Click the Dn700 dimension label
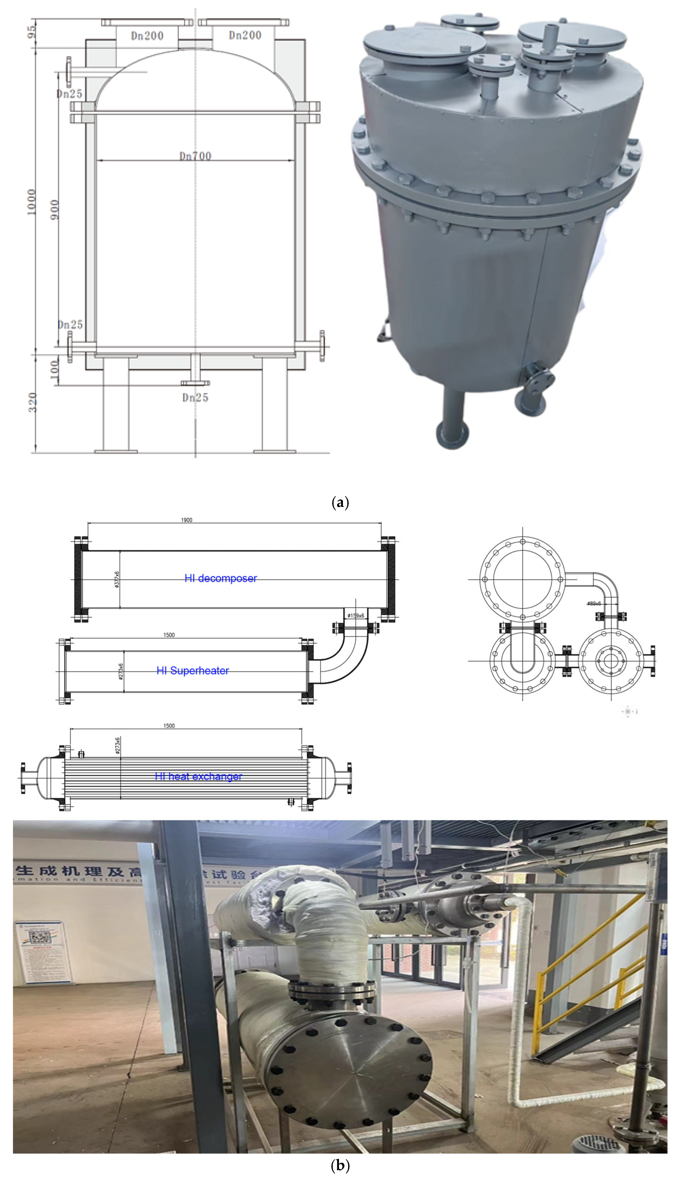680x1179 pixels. [x=195, y=156]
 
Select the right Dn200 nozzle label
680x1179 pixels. [x=245, y=35]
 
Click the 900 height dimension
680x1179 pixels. [x=55, y=210]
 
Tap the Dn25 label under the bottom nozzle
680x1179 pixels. [x=195, y=398]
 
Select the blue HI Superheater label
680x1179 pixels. [x=192, y=671]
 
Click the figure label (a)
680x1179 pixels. [x=339, y=503]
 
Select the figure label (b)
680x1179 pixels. [x=339, y=1165]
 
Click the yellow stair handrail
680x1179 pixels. [x=589, y=966]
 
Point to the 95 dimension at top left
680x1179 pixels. [x=31, y=32]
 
